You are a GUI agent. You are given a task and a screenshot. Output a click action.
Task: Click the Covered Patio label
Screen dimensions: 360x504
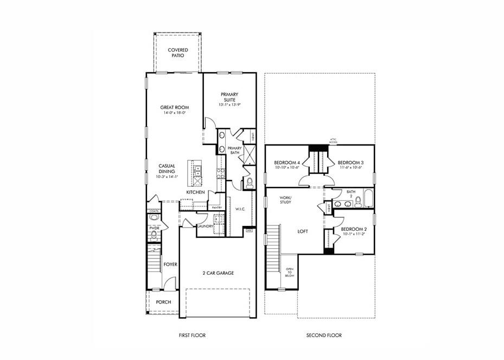tap(178, 53)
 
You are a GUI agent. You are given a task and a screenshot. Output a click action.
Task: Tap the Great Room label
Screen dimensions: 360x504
tap(174, 108)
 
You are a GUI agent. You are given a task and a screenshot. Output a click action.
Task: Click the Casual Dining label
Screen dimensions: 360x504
tap(166, 169)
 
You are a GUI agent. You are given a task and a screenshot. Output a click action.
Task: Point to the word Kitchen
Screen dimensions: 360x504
tap(195, 193)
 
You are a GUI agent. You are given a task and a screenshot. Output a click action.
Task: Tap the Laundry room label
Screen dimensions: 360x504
tap(205, 226)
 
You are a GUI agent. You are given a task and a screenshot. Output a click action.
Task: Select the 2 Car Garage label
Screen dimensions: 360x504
tap(219, 273)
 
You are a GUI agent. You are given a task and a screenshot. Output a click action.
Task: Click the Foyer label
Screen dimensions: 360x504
tap(170, 264)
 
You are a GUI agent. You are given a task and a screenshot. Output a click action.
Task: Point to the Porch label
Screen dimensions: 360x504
tap(163, 302)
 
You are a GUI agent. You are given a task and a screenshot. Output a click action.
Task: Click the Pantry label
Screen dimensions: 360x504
tap(216, 207)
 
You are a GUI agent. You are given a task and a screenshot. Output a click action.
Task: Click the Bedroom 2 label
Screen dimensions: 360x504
tap(353, 229)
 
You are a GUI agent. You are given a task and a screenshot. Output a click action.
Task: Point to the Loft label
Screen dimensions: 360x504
tap(303, 231)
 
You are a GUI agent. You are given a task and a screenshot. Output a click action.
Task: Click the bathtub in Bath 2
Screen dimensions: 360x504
tap(368, 199)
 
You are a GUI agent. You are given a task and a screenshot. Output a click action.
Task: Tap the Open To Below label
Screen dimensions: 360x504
tap(290, 272)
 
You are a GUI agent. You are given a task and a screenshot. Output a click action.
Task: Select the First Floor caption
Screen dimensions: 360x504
tap(192, 336)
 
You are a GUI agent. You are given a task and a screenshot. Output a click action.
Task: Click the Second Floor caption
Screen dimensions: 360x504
tap(324, 336)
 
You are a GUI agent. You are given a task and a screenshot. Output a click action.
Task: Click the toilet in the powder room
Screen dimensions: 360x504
tap(154, 235)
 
